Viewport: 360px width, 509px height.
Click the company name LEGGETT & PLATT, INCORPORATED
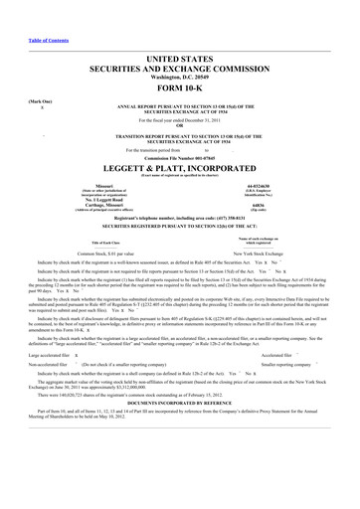179,170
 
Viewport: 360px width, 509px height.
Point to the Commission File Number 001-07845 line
179,158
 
